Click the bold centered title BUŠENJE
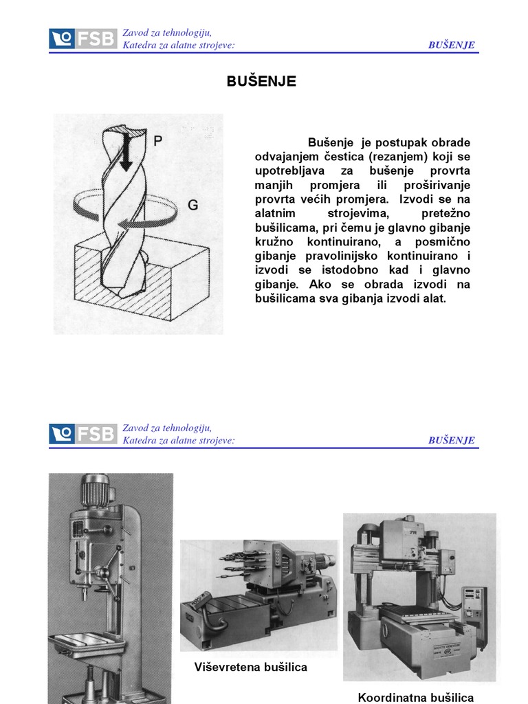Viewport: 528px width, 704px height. point(261,81)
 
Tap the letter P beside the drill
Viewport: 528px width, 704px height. point(157,141)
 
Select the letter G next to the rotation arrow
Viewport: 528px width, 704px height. point(193,205)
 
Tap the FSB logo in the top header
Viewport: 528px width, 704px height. point(83,38)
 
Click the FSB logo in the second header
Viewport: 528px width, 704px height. point(83,434)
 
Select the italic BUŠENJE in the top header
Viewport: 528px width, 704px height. point(451,45)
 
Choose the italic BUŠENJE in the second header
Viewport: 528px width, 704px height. point(451,440)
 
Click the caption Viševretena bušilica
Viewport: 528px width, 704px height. point(250,667)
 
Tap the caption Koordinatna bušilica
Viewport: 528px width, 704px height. point(416,698)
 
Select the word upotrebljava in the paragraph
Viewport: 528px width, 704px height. point(289,171)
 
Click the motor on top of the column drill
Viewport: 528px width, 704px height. point(95,490)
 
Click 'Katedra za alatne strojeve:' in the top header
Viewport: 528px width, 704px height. point(179,45)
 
